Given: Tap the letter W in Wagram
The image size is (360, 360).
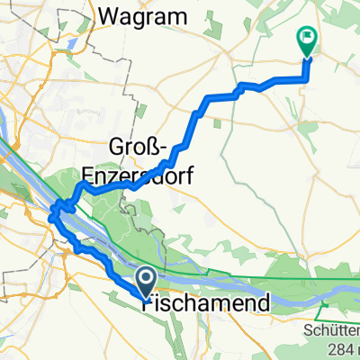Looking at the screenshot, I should point(112,15).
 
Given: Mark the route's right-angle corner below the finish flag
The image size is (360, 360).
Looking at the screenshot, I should point(306,79).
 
